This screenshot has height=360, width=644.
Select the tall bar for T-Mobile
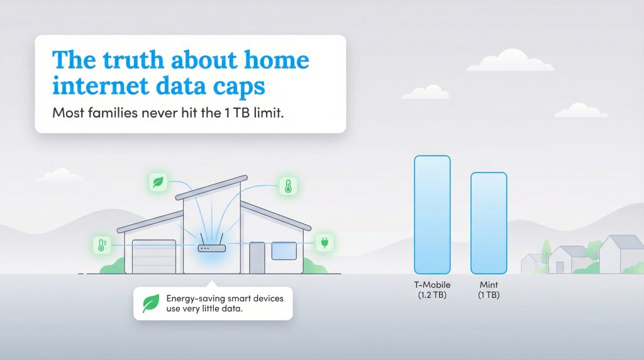coord(432,214)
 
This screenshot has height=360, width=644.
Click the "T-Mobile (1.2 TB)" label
coord(432,290)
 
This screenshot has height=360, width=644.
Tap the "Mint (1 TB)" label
coord(489,290)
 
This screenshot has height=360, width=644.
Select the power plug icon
coord(325,242)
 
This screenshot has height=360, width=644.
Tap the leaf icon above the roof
coord(157,183)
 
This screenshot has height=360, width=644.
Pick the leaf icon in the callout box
coord(151,303)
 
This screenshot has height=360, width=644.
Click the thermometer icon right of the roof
coord(288,186)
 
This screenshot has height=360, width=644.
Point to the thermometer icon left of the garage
coord(100,245)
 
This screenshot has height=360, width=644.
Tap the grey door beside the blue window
coord(257,257)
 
